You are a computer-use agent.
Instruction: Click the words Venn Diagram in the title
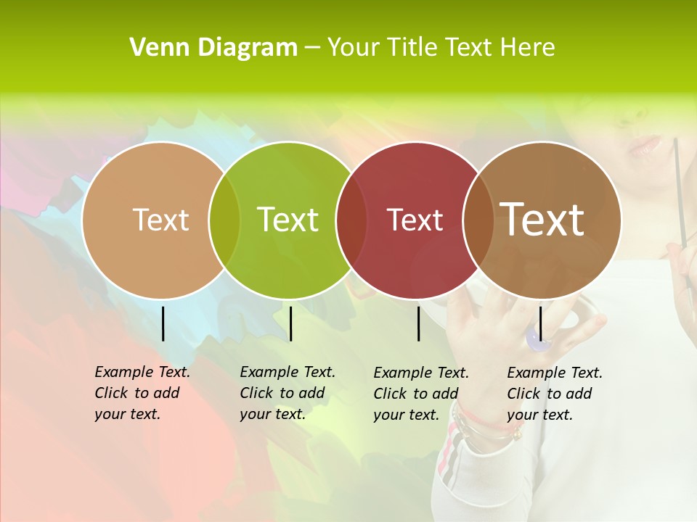point(213,48)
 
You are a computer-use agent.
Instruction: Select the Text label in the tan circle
point(160,220)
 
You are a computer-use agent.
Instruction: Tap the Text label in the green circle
point(288,220)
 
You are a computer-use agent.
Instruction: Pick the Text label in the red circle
point(415,220)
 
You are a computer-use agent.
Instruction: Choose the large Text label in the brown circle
point(542,220)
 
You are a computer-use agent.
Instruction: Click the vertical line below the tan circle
point(163,323)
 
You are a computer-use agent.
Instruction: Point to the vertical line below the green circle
point(290,323)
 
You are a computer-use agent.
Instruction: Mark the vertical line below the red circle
point(418,323)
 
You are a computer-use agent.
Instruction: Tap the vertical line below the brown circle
point(540,323)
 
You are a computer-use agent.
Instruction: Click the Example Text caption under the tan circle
point(142,393)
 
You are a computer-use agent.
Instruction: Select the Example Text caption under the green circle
point(287,393)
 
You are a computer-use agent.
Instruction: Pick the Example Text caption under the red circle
point(420,394)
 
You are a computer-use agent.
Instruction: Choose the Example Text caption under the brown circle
point(554,394)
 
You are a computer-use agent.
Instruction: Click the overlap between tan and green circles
point(224,220)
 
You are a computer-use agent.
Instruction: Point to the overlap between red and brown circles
point(478,220)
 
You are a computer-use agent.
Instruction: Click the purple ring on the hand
point(535,338)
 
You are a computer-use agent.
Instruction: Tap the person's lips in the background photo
point(643,146)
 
